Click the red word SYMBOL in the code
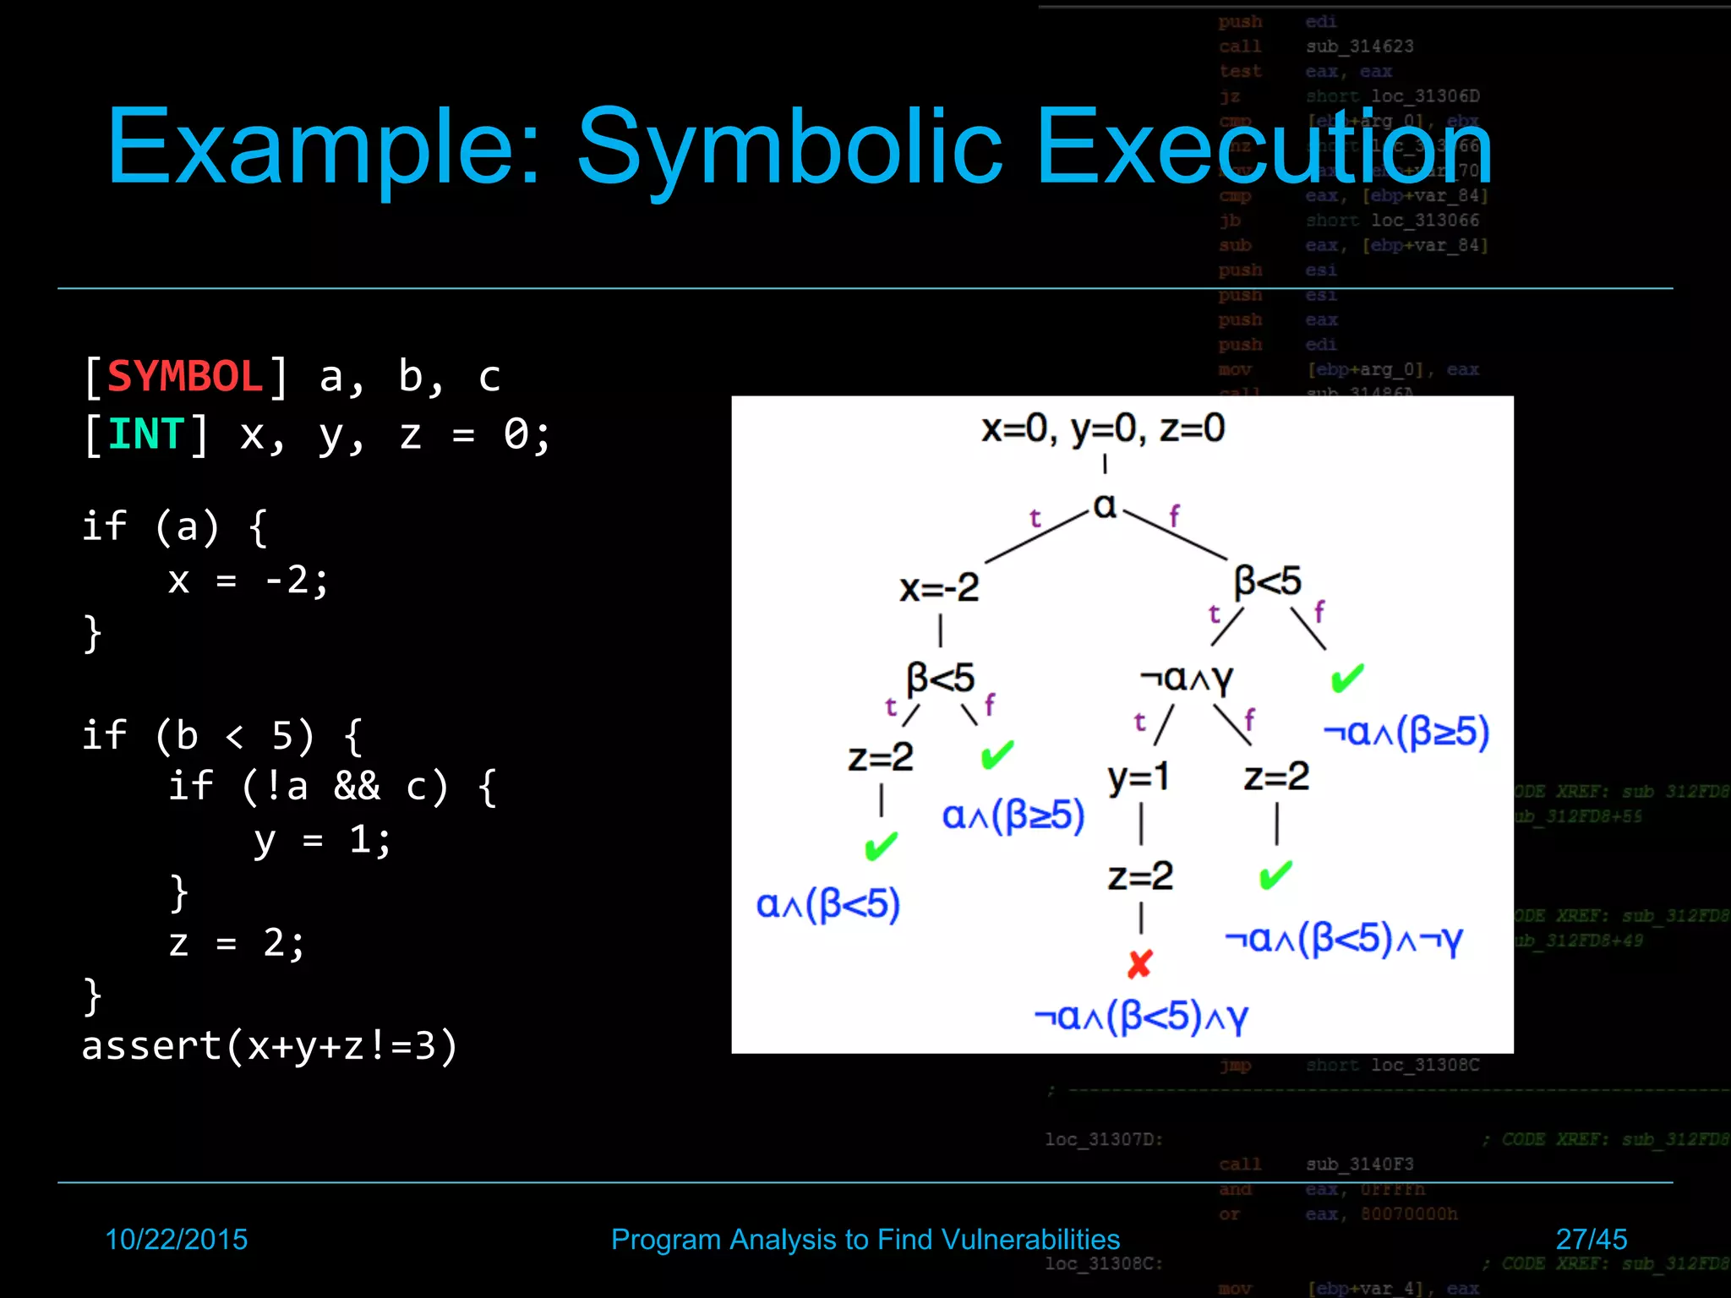[x=185, y=377]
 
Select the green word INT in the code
[x=145, y=435]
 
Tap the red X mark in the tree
[x=1139, y=964]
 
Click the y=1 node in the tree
[x=1139, y=777]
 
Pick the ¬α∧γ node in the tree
[x=1187, y=678]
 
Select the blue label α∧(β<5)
[x=827, y=905]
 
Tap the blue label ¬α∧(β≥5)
[x=1406, y=732]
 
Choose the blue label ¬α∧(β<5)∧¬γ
[x=1344, y=939]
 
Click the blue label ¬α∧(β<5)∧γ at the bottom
[x=1141, y=1017]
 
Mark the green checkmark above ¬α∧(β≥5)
[x=1347, y=678]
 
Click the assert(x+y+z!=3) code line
[x=270, y=1046]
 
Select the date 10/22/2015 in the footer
[x=176, y=1240]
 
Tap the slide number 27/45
[x=1591, y=1240]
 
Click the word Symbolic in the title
[x=789, y=148]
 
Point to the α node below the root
[x=1105, y=506]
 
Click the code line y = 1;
[x=322, y=840]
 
